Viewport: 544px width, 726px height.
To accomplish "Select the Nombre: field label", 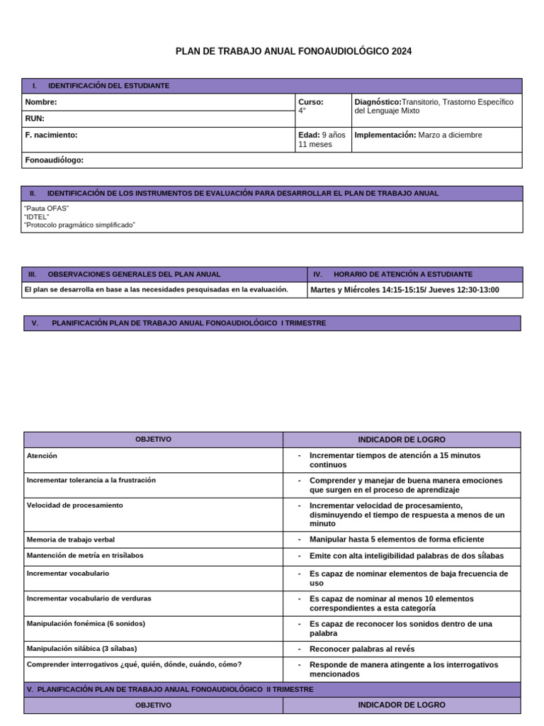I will coord(41,102).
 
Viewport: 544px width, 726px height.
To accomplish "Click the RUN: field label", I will coord(35,118).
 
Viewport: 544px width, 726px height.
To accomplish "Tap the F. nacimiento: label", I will coord(51,135).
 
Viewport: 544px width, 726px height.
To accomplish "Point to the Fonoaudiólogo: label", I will coord(54,160).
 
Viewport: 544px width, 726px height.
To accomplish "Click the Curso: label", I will coord(310,102).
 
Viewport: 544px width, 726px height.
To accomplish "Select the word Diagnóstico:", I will coord(378,102).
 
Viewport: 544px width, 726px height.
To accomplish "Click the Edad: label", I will coord(309,135).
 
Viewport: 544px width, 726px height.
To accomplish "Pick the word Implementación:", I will coord(385,135).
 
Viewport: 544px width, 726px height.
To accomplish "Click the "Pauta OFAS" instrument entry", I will coord(47,208).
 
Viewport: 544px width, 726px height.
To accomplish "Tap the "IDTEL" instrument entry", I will coord(37,217).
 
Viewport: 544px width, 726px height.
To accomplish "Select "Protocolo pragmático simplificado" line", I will coord(79,225).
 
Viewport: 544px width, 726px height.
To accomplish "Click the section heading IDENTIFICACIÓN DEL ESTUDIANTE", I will coord(108,86).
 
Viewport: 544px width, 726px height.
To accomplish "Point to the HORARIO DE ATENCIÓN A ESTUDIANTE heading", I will coord(402,274).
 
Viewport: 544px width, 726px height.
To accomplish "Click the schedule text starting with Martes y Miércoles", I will coord(404,290).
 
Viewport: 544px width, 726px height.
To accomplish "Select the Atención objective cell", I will coord(42,456).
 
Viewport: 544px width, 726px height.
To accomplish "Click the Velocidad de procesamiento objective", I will coord(74,506).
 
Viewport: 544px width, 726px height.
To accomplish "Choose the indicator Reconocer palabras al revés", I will coord(362,649).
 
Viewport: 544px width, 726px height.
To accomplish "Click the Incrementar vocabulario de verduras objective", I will coord(89,598).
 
